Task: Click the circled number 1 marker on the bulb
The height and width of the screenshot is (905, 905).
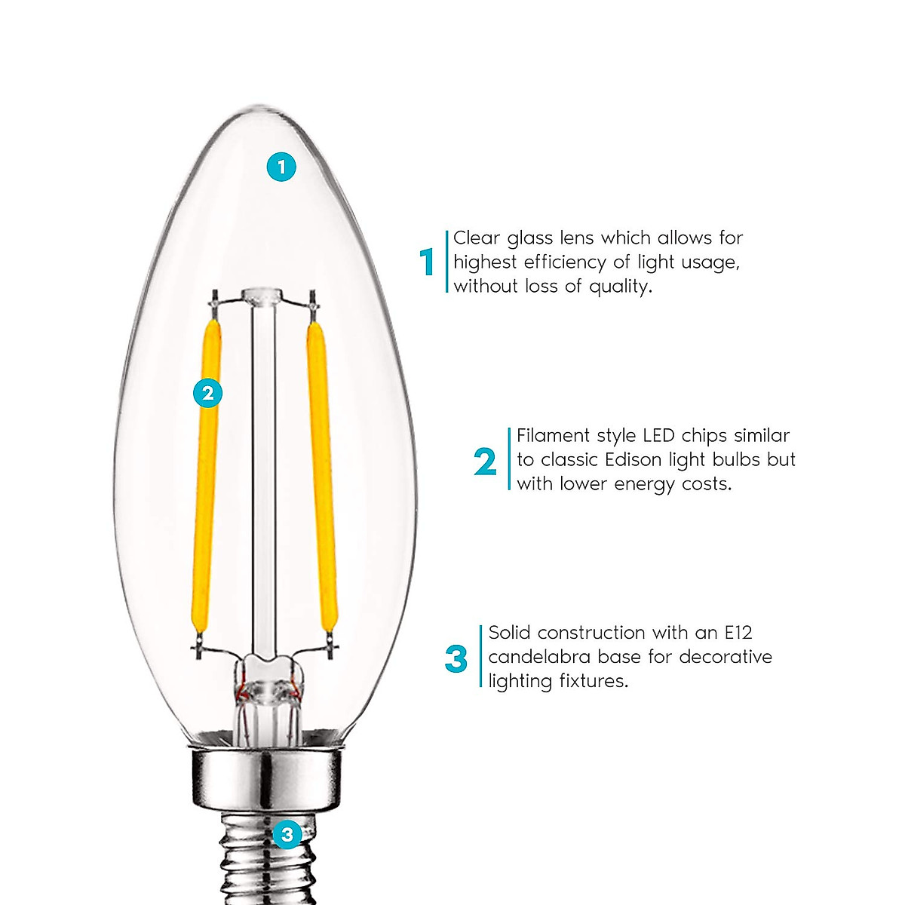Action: point(282,167)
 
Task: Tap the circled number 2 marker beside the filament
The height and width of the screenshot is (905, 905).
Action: point(208,393)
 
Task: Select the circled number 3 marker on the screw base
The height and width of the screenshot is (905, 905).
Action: point(287,835)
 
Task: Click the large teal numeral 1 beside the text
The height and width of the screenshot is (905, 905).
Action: point(428,262)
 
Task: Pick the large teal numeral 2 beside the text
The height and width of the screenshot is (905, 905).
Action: point(486,462)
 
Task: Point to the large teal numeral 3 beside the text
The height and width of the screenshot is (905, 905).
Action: point(456,658)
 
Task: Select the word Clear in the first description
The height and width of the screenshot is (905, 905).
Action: point(477,238)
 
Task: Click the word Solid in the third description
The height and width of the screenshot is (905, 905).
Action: point(510,632)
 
